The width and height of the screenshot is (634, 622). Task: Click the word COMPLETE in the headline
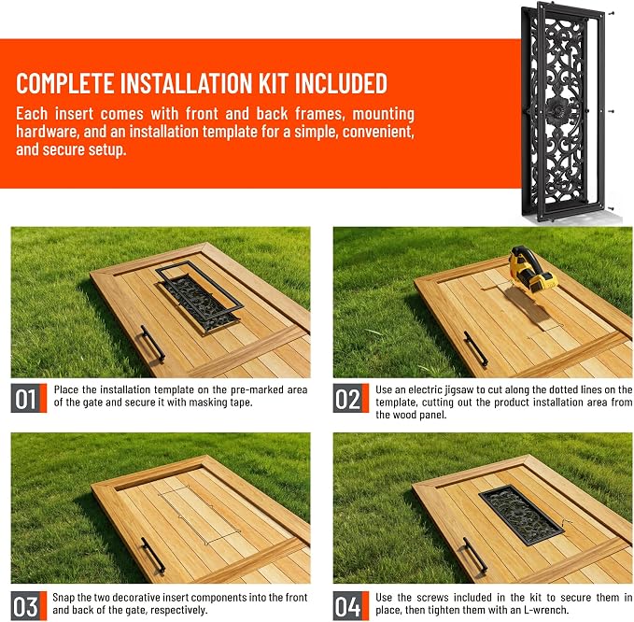64,83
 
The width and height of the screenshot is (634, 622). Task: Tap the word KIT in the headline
275,83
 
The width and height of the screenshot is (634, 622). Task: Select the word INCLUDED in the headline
341,83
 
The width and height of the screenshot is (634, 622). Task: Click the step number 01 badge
29,398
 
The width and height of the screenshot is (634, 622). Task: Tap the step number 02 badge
350,398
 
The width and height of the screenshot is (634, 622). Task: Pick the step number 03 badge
29,606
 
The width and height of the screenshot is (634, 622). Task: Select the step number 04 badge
350,606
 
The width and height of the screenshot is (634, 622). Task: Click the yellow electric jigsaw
531,270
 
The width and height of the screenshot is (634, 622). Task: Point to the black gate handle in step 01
153,343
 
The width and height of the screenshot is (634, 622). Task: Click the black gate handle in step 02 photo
475,349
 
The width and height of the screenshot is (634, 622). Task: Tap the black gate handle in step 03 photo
153,555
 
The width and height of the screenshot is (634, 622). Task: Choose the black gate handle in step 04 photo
475,555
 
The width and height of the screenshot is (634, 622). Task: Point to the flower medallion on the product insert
558,110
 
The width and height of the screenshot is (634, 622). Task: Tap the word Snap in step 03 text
63,598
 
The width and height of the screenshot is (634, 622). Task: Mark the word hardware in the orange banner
46,132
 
